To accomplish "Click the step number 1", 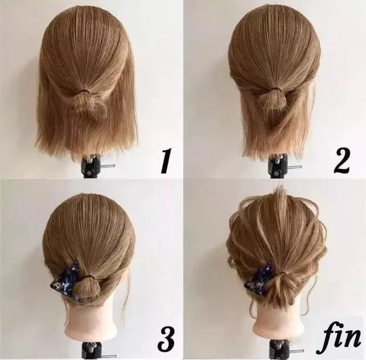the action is click(x=166, y=161).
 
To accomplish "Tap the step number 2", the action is click(x=342, y=161).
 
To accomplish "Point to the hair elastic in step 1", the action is click(x=85, y=90).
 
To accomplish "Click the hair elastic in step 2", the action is click(x=276, y=89).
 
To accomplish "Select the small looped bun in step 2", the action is click(x=271, y=101).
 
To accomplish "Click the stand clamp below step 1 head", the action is click(x=91, y=165).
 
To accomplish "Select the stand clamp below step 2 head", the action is click(x=277, y=166).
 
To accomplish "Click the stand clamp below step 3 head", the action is click(x=91, y=351).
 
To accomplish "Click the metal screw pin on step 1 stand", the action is click(x=108, y=166).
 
